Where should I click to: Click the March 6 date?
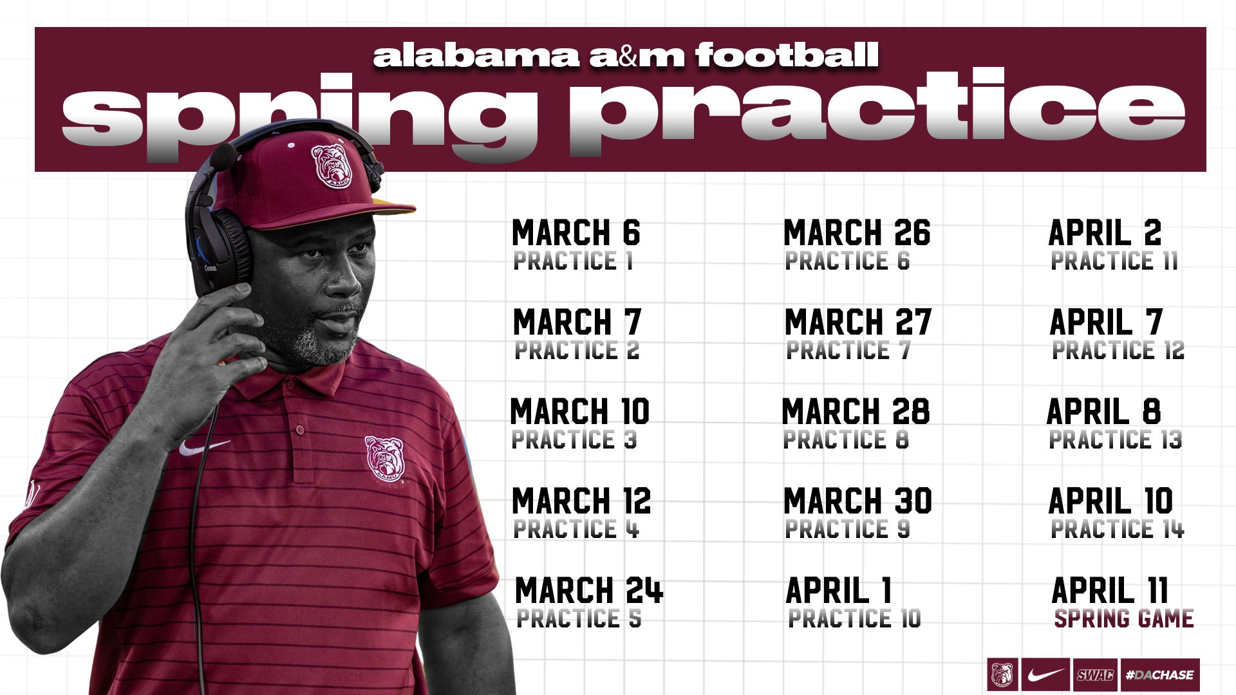(576, 233)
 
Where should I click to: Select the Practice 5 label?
(579, 618)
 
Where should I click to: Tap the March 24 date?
(589, 591)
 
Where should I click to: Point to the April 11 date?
(1110, 591)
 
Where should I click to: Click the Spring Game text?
(1124, 619)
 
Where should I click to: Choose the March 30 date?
(857, 501)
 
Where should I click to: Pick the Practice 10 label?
(854, 618)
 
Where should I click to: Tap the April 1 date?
(839, 591)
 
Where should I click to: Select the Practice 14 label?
(1118, 529)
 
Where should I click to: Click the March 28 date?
(856, 412)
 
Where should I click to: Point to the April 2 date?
(1105, 233)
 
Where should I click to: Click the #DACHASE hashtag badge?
(1160, 675)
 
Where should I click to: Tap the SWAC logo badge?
(1095, 675)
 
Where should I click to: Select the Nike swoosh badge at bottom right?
(1045, 675)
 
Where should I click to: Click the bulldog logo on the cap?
(332, 165)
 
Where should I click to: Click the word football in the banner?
(787, 55)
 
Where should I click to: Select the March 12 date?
(581, 501)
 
